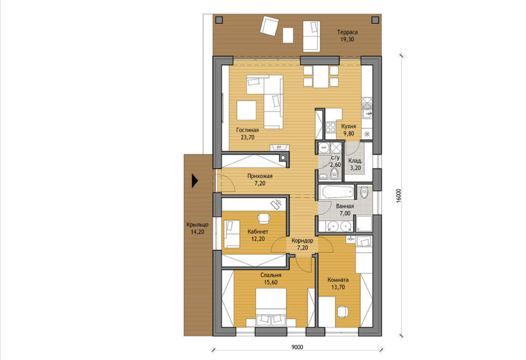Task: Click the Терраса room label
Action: click(x=347, y=32)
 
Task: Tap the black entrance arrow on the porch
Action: click(x=195, y=181)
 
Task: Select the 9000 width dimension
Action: click(x=297, y=347)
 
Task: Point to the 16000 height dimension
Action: click(x=398, y=196)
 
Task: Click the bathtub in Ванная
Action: click(x=336, y=192)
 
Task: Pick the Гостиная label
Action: click(x=247, y=130)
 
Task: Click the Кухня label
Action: click(x=349, y=126)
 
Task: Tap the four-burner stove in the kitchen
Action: click(x=330, y=127)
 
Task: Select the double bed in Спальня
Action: click(x=271, y=307)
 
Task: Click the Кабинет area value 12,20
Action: click(x=258, y=239)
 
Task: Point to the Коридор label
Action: click(x=302, y=240)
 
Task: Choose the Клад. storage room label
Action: click(x=355, y=161)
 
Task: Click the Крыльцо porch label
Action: click(x=197, y=225)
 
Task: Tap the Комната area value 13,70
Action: click(x=338, y=287)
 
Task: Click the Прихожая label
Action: click(x=259, y=176)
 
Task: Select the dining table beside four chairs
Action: click(x=321, y=77)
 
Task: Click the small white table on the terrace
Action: click(x=288, y=35)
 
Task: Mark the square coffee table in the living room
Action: click(x=246, y=110)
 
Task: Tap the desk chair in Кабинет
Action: click(x=264, y=218)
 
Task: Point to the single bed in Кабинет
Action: click(x=232, y=234)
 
